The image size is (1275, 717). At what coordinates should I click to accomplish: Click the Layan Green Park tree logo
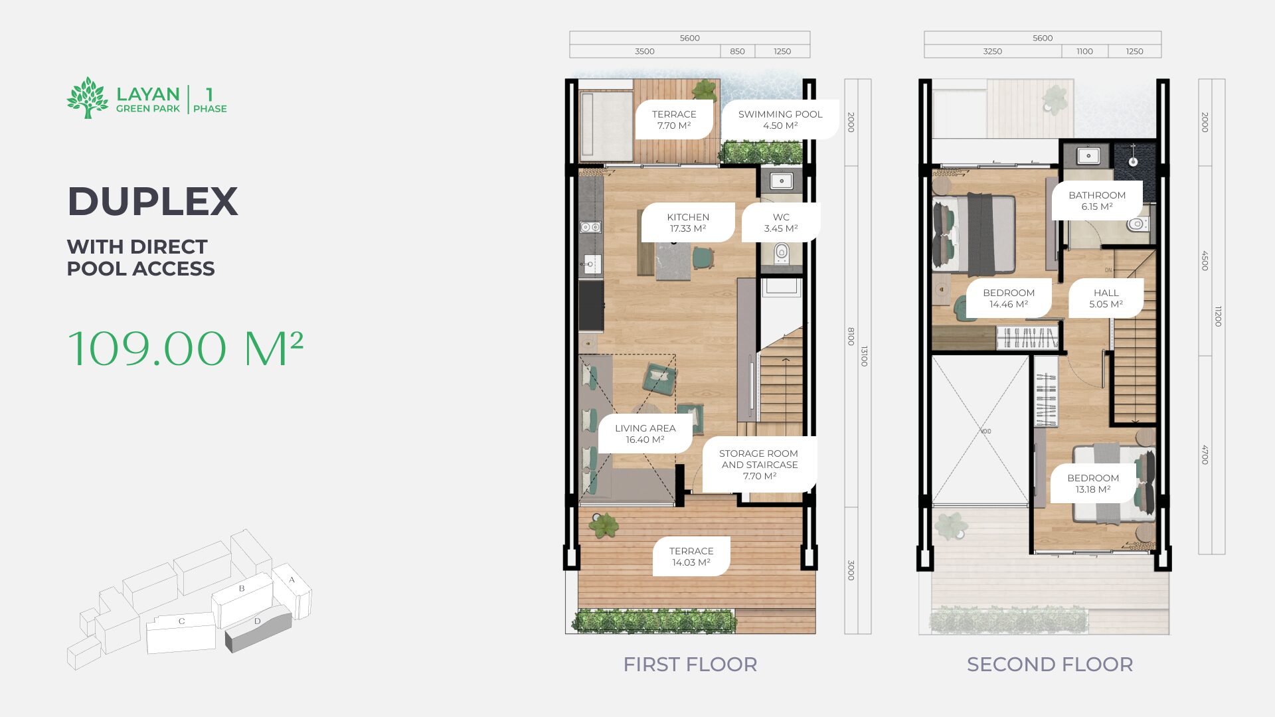(88, 98)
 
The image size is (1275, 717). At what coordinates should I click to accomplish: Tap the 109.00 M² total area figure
(186, 349)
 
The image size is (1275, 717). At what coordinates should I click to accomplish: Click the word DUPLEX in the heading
(153, 201)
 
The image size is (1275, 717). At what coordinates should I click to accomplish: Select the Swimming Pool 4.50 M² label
(780, 119)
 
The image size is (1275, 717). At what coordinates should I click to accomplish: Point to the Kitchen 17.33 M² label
(688, 222)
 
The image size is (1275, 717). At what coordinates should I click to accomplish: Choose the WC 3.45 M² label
(781, 222)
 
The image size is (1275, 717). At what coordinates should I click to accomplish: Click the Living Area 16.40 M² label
(645, 434)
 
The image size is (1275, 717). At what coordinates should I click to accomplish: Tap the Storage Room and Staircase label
(759, 465)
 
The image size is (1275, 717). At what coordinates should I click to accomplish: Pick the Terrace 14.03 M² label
(691, 556)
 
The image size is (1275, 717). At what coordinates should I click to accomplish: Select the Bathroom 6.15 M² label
(1097, 200)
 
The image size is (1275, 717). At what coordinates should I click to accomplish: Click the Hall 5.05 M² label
(1106, 298)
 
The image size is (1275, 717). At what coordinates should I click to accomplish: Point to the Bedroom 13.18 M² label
(1093, 483)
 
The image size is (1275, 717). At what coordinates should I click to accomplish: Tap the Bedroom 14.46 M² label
(1009, 298)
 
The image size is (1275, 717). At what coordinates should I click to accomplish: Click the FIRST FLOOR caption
(690, 665)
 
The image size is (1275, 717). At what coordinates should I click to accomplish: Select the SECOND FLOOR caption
(1050, 665)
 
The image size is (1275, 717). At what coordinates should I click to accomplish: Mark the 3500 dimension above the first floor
(645, 51)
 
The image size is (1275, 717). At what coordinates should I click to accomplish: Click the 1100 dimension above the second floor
(1084, 51)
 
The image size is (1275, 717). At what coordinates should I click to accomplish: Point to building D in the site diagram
(258, 628)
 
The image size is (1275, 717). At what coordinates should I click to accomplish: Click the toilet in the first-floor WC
(782, 252)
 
